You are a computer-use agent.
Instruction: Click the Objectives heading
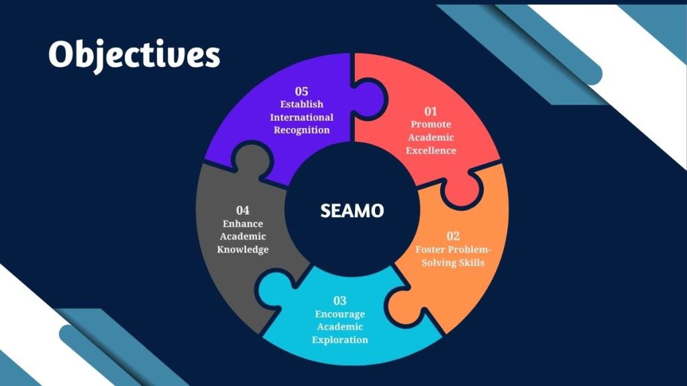(x=134, y=55)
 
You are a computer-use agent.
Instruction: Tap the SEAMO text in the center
(x=352, y=210)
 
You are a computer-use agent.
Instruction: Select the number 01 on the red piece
(x=431, y=111)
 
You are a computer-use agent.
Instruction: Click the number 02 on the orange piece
(x=453, y=237)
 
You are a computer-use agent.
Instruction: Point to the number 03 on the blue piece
(x=339, y=301)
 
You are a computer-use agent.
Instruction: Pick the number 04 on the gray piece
(x=243, y=210)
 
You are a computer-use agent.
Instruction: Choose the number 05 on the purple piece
(x=301, y=91)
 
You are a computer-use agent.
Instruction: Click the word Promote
(x=431, y=124)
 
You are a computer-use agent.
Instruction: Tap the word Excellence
(x=431, y=151)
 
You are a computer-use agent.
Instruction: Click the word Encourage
(x=339, y=314)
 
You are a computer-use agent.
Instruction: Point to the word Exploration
(x=339, y=340)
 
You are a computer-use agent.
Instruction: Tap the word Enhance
(x=243, y=224)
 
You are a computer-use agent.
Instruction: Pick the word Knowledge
(x=243, y=249)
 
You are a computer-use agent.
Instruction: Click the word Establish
(x=301, y=104)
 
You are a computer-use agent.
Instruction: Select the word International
(x=301, y=117)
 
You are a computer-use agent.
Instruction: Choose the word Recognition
(x=301, y=130)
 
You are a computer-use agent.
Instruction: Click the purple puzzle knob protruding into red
(x=370, y=99)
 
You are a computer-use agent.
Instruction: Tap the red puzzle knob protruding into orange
(x=462, y=189)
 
